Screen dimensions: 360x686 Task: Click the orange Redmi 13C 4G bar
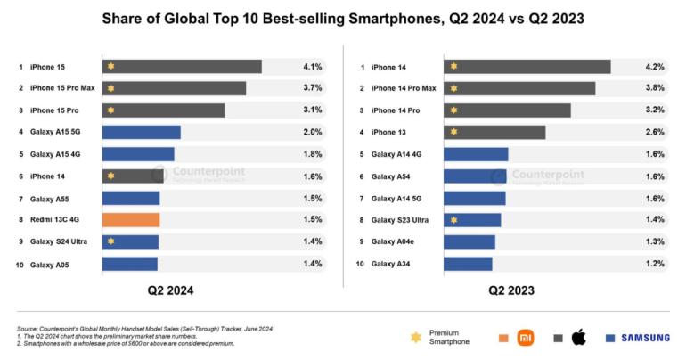point(131,219)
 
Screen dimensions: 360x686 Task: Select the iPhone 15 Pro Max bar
point(174,88)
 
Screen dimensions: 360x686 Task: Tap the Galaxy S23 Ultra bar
point(472,219)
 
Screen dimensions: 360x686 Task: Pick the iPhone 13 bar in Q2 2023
point(494,132)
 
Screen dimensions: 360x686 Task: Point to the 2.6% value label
point(655,132)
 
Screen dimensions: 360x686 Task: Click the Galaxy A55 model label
point(50,198)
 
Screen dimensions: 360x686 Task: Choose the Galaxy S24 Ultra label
point(59,241)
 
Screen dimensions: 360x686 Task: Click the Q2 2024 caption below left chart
point(170,290)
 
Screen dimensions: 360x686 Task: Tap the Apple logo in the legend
point(579,337)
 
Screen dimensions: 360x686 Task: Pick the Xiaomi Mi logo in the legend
point(527,337)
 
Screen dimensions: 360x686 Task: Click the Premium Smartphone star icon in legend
point(414,337)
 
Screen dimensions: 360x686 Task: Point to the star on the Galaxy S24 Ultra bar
point(110,241)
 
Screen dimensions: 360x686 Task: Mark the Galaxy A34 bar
point(468,263)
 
